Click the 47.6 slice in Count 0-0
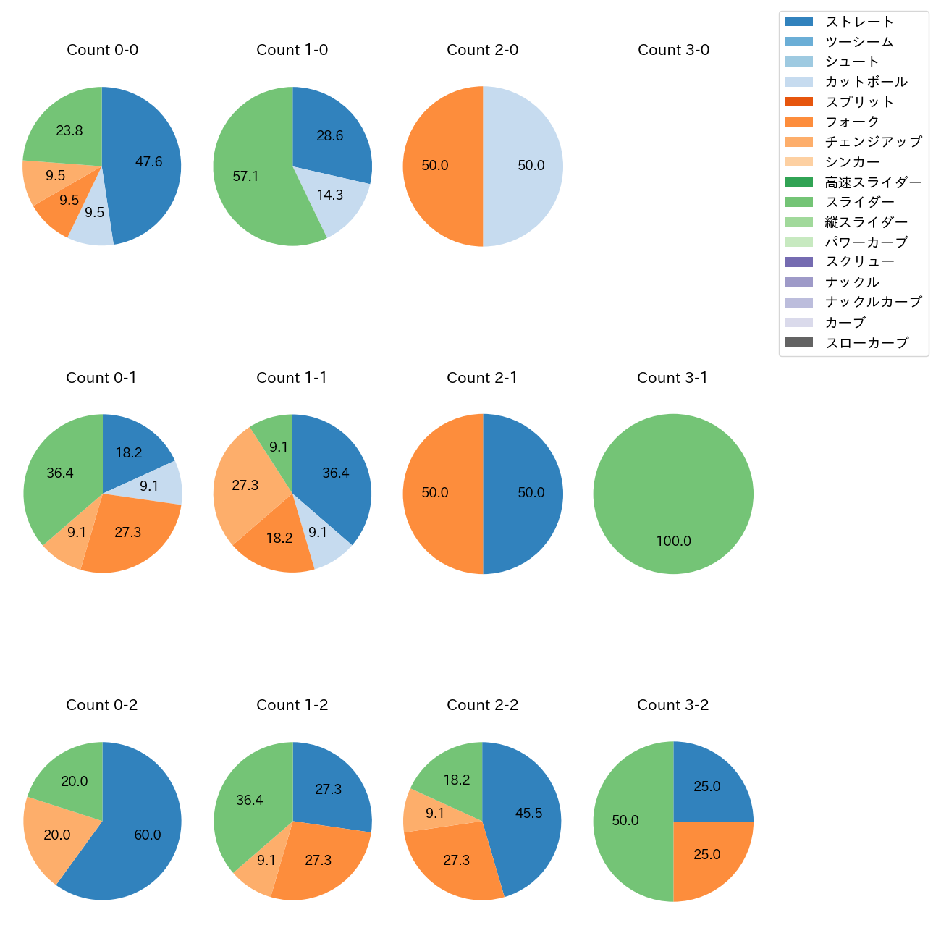point(145,163)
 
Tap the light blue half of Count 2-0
point(525,166)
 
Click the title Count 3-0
point(673,50)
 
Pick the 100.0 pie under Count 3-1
point(673,494)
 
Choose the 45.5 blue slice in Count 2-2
point(525,814)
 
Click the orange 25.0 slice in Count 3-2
point(706,854)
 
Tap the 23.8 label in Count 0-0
point(69,131)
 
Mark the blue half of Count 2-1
point(525,494)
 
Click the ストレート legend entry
point(859,22)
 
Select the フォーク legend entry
point(852,122)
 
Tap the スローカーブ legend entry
point(866,343)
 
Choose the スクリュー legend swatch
point(798,262)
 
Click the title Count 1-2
point(292,705)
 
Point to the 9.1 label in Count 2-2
point(435,814)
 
